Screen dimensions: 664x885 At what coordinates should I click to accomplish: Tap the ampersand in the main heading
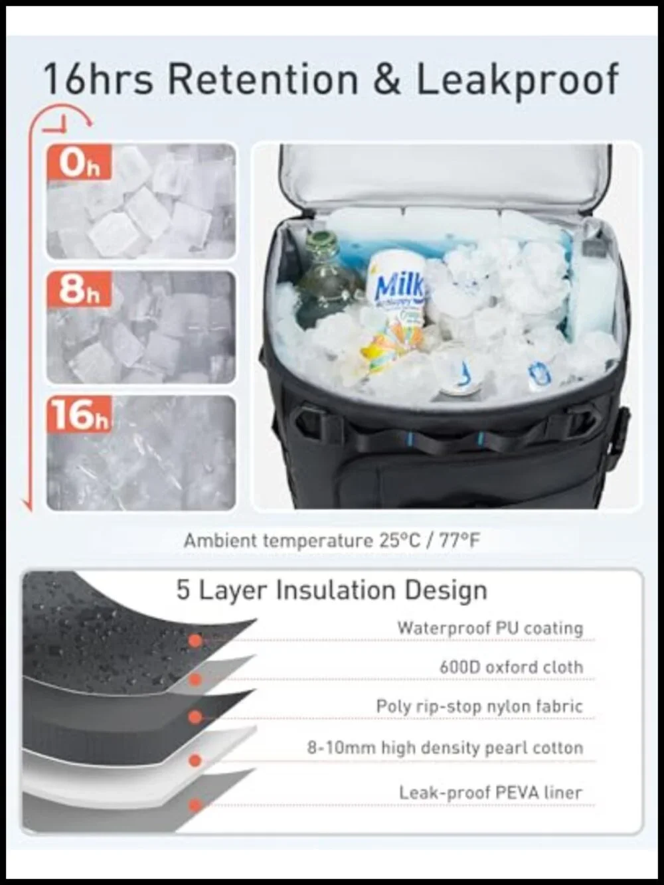pos(386,80)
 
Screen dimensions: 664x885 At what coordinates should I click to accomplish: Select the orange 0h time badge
pos(80,163)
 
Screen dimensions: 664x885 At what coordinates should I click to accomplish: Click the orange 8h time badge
pos(80,289)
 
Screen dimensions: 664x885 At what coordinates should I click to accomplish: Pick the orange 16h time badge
pos(79,414)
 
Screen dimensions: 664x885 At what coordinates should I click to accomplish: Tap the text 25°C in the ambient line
pos(400,540)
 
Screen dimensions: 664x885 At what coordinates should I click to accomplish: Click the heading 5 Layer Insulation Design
pos(332,590)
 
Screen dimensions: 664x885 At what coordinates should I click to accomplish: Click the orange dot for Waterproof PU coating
pos(195,641)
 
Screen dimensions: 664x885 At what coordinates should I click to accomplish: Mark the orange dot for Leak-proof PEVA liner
pos(195,805)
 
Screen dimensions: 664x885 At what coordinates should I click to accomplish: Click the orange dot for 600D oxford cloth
pos(195,680)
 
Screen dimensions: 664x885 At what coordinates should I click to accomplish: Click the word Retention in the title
pos(262,80)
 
